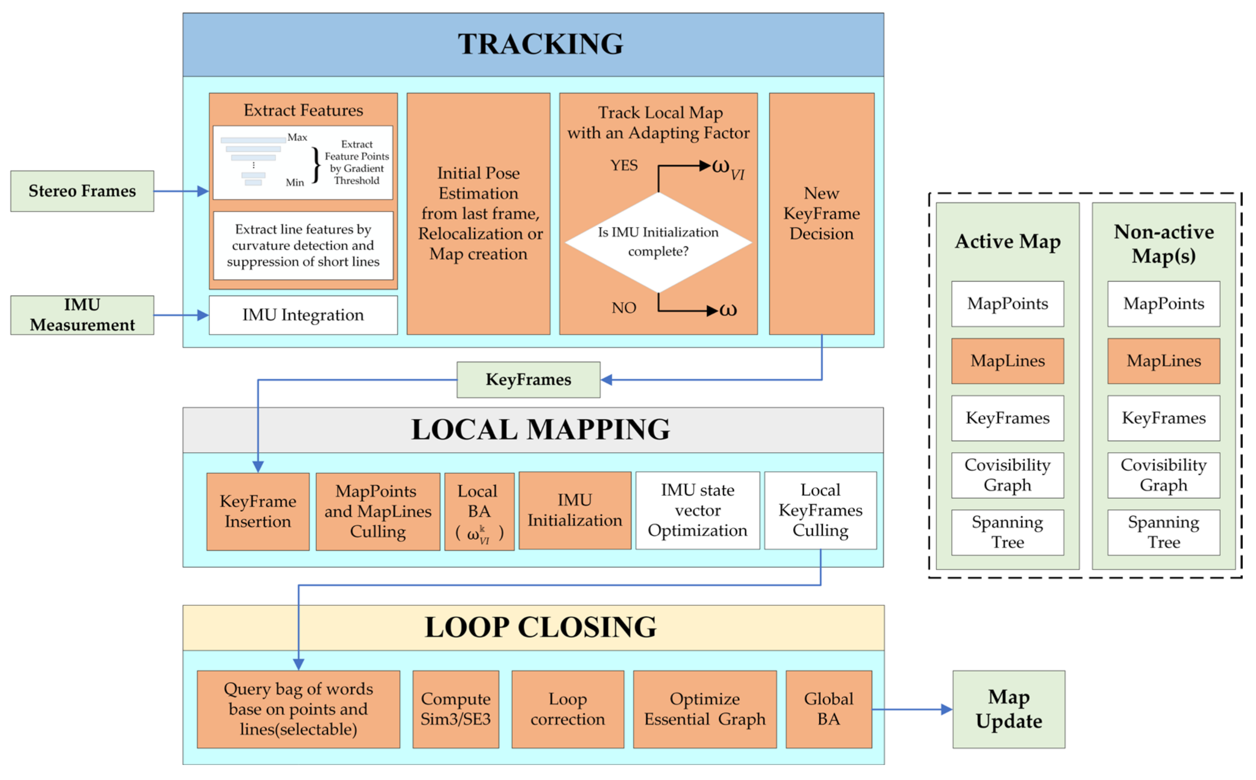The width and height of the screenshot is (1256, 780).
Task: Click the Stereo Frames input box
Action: coord(82,191)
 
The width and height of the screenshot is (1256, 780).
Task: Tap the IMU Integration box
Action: coord(303,315)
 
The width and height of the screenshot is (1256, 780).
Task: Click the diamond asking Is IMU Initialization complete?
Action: coord(658,242)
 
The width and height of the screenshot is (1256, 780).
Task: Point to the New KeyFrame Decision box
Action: coord(821,214)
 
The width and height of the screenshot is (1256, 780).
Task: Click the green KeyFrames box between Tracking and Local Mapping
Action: coord(528,380)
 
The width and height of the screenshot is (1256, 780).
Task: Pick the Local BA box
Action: coord(479,512)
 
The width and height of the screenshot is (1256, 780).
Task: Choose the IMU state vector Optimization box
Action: coord(697,511)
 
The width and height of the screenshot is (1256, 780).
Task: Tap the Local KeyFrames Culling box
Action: coord(820,511)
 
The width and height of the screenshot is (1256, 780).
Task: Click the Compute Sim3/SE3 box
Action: coord(455,709)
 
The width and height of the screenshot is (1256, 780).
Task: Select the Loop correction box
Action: coord(567,709)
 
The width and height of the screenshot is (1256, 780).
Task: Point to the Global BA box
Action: coord(828,709)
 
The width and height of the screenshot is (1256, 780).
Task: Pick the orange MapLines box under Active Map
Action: coord(1007,361)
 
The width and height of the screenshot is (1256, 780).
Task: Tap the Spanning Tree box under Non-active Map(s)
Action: coord(1164,532)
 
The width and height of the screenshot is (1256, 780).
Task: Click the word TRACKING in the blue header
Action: coord(541,44)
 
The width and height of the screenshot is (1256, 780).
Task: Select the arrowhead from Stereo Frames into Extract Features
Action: coord(203,191)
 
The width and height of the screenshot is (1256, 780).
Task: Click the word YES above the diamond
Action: coord(623,165)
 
